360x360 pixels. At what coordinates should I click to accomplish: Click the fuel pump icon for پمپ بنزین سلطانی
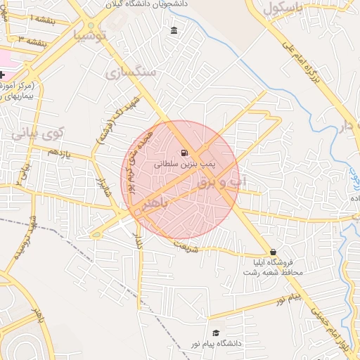[184, 153]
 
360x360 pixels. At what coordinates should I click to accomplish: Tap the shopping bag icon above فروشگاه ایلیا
[273, 252]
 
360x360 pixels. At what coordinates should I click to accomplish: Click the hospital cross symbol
[2, 75]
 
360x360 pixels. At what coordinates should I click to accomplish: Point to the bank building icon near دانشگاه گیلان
[174, 30]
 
